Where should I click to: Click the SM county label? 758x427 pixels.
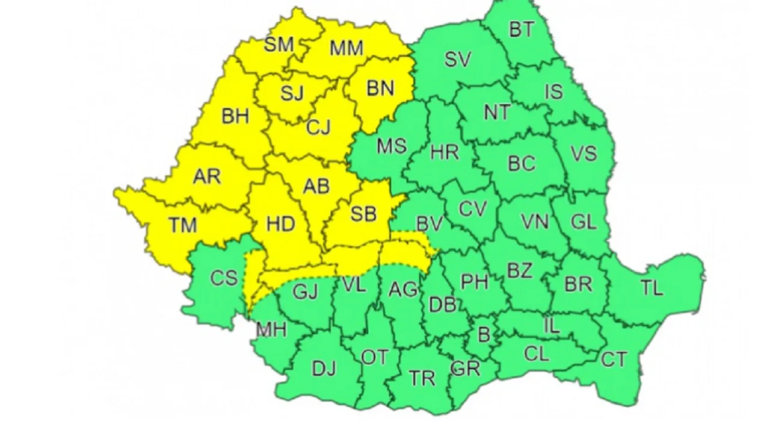pyautogui.click(x=279, y=44)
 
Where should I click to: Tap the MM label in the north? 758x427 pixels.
pyautogui.click(x=347, y=48)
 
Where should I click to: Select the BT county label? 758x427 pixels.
pyautogui.click(x=521, y=30)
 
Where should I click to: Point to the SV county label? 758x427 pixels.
pyautogui.click(x=458, y=60)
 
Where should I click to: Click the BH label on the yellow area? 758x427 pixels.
pyautogui.click(x=235, y=116)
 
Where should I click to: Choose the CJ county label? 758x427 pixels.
pyautogui.click(x=319, y=128)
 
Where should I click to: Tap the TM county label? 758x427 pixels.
pyautogui.click(x=183, y=225)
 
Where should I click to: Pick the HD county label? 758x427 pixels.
pyautogui.click(x=280, y=224)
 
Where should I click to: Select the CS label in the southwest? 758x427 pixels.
pyautogui.click(x=223, y=279)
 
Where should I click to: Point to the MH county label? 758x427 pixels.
pyautogui.click(x=271, y=329)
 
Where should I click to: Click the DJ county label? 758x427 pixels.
pyautogui.click(x=324, y=367)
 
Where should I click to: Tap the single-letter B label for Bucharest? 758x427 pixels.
pyautogui.click(x=484, y=334)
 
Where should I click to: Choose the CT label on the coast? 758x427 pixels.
pyautogui.click(x=614, y=360)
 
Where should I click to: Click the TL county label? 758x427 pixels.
pyautogui.click(x=652, y=288)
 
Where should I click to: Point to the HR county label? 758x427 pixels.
pyautogui.click(x=445, y=152)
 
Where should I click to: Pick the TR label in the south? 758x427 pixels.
pyautogui.click(x=422, y=378)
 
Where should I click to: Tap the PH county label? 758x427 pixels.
pyautogui.click(x=474, y=281)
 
